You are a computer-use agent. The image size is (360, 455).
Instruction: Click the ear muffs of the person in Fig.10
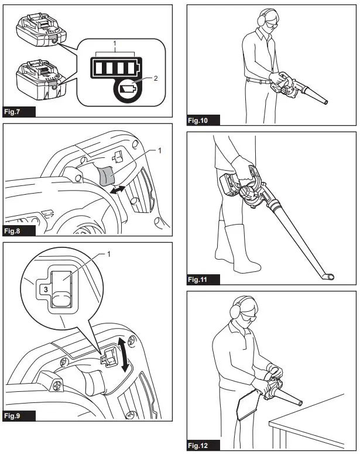coord(260,19)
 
